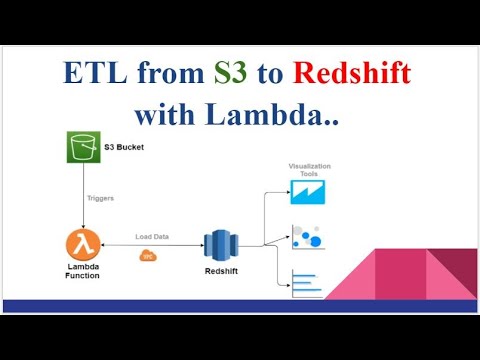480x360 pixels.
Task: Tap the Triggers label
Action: pos(100,199)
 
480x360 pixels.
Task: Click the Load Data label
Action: pos(153,237)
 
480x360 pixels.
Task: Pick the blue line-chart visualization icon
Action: pos(303,191)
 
